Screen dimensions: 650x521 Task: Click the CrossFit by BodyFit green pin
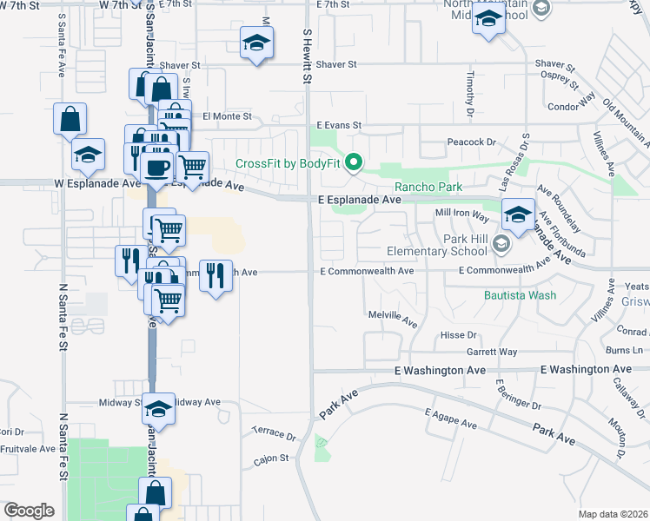(354, 162)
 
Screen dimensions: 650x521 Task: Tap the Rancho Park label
(428, 187)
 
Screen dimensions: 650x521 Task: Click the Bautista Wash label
(520, 295)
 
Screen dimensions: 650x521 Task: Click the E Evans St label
(338, 126)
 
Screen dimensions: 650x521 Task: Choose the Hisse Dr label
(460, 334)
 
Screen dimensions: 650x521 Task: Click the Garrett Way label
(491, 352)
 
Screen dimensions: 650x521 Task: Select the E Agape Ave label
(451, 419)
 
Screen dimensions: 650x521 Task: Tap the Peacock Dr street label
(471, 142)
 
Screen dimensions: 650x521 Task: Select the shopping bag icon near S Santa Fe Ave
(70, 117)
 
